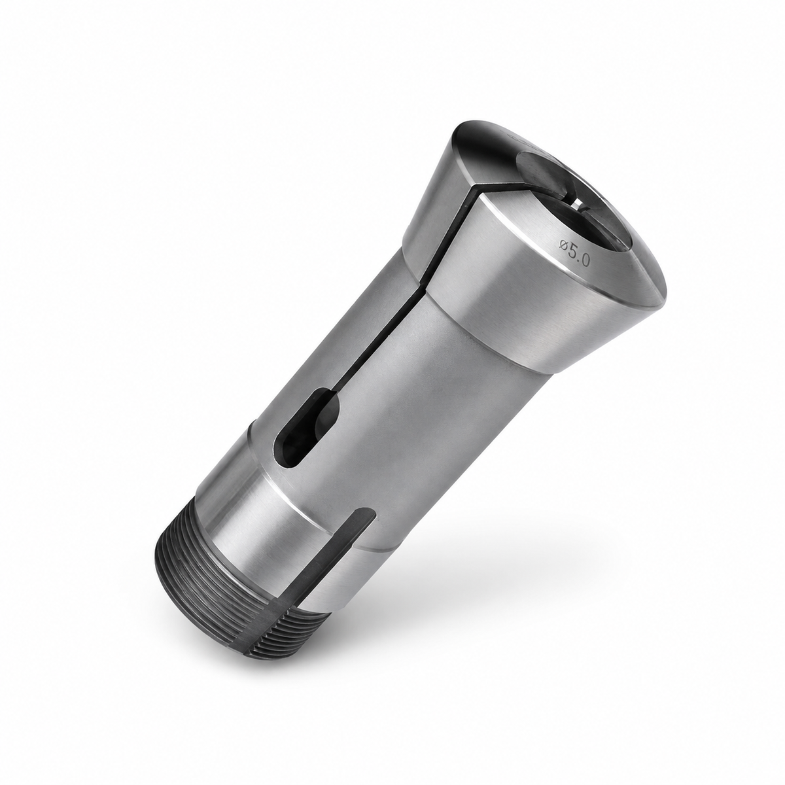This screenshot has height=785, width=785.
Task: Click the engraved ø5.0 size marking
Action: pos(574,254)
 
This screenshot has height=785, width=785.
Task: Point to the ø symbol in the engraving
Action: pos(564,246)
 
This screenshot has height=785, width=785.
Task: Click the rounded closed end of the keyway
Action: pos(366,514)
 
